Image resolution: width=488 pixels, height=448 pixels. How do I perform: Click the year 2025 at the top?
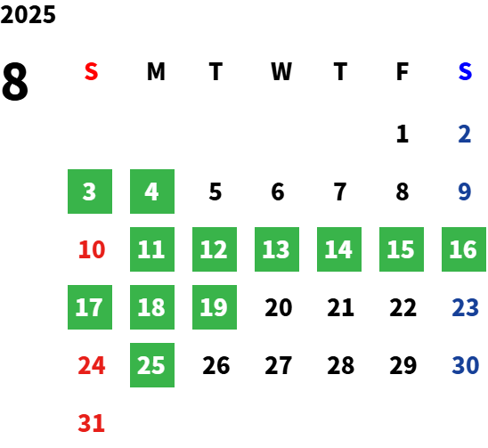click(28, 14)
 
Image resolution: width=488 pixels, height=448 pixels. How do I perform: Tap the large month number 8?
click(15, 81)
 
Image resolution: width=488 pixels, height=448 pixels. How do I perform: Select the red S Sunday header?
click(91, 71)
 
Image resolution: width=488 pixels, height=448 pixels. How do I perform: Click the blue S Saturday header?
click(465, 71)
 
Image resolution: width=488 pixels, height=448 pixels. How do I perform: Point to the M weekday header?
click(156, 71)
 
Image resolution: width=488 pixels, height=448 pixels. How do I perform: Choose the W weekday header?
click(281, 71)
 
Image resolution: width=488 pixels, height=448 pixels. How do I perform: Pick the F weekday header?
click(403, 71)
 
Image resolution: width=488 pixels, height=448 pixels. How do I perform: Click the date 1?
click(403, 134)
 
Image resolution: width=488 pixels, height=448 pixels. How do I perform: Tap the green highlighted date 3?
click(90, 191)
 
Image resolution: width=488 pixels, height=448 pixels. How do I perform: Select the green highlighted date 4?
click(152, 191)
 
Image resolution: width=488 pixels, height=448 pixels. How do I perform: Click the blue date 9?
click(465, 191)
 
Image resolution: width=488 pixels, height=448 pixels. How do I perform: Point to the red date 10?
click(92, 249)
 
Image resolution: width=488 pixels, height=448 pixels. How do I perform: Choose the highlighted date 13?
click(277, 249)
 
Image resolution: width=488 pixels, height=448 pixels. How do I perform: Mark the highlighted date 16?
click(464, 249)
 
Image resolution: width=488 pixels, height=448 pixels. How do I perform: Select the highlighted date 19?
click(215, 307)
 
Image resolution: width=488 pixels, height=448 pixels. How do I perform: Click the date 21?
click(340, 307)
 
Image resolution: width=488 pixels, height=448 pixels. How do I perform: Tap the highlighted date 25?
click(152, 365)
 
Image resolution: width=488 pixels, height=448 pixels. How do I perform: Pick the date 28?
click(341, 365)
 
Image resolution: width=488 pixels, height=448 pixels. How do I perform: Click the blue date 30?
click(466, 365)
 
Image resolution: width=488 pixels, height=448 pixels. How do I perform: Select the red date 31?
click(91, 423)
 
